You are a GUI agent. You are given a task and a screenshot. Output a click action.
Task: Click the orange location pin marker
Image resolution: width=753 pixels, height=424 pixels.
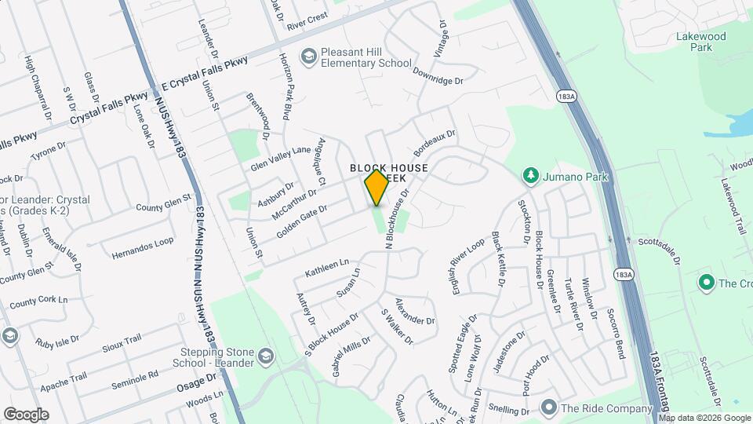point(376,188)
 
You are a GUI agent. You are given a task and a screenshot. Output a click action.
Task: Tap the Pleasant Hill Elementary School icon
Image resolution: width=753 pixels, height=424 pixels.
point(309,56)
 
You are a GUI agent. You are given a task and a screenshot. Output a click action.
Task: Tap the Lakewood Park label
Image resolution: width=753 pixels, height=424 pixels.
point(701,42)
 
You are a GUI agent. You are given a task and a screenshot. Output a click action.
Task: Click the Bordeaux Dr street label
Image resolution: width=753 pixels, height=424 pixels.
point(434,143)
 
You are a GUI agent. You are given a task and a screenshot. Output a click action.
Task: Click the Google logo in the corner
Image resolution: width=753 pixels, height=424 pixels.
point(26,415)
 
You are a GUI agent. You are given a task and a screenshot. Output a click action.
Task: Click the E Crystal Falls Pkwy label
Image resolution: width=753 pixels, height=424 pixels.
point(204,73)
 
